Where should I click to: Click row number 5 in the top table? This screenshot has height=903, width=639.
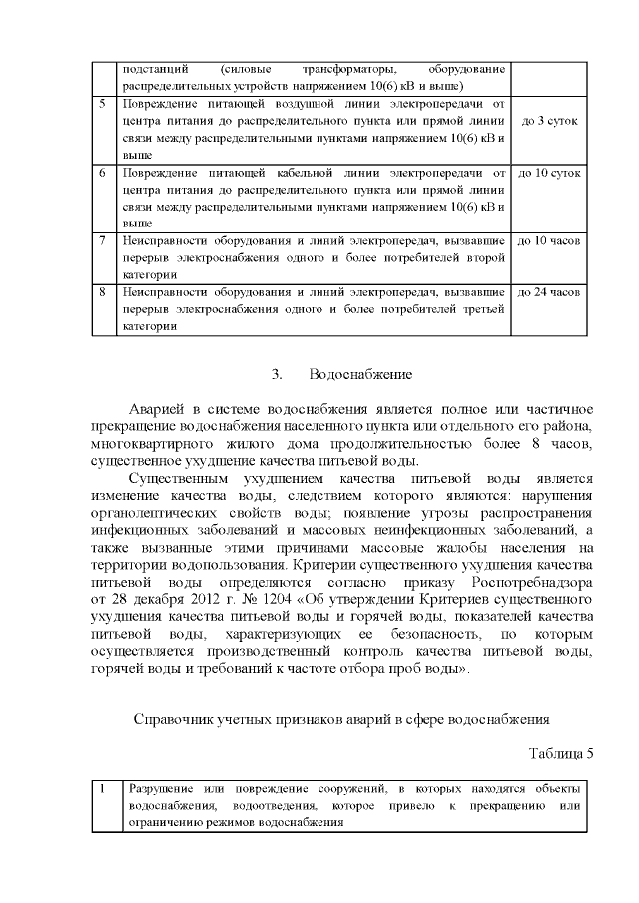pos(102,104)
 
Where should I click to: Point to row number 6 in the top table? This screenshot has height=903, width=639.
pos(102,173)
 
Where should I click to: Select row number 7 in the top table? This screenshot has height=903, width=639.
pos(102,241)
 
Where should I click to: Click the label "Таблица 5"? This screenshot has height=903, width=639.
pos(559,753)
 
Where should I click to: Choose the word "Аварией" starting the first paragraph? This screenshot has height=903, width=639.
pos(159,410)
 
